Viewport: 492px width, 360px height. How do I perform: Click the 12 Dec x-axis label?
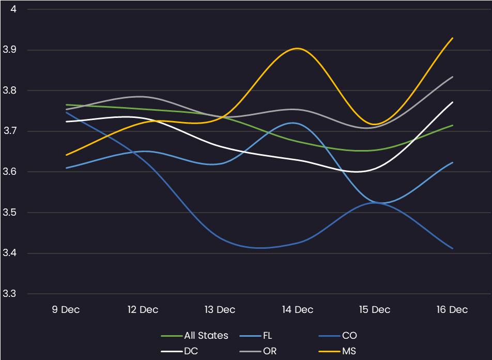(143, 310)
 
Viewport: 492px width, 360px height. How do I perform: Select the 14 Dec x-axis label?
(298, 310)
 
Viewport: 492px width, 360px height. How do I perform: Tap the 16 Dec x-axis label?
(452, 310)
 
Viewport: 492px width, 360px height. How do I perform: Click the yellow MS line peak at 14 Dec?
(298, 48)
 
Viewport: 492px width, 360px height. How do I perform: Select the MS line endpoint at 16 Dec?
(453, 38)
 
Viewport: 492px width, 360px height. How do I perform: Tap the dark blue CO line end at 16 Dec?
(453, 249)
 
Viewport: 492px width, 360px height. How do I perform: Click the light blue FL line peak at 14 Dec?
(294, 123)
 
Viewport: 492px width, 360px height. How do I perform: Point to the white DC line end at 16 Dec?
(453, 102)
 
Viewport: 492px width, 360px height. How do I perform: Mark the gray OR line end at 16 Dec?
(453, 77)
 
